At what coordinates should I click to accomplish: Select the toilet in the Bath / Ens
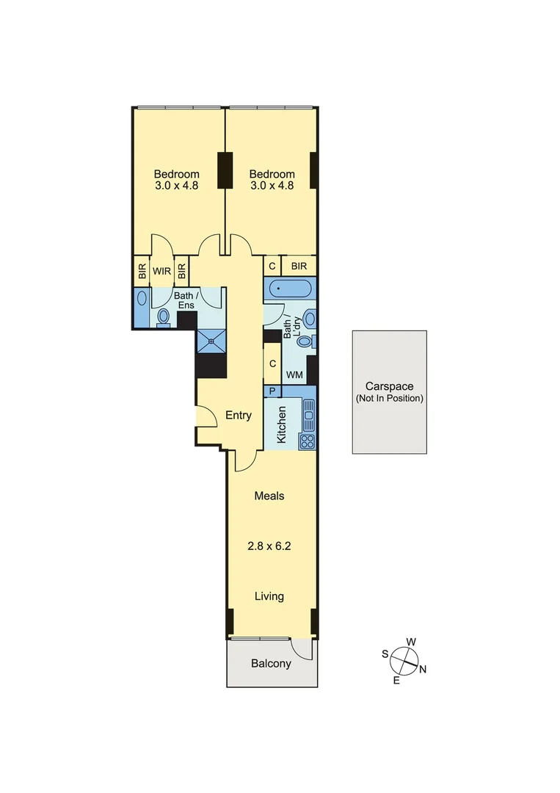pos(164,316)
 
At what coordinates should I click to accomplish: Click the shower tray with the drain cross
pos(211,340)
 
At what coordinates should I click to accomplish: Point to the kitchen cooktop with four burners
pos(308,441)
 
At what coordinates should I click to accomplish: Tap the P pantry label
pos(272,391)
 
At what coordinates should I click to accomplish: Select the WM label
pos(294,375)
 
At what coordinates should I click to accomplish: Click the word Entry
pos(238,416)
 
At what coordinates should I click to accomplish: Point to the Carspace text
pos(390,386)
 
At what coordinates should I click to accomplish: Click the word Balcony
pos(271,664)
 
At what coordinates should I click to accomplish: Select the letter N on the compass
pos(423,668)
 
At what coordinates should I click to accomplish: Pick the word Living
pos(269,596)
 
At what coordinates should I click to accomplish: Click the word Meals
pos(269,496)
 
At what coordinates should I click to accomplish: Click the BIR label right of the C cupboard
pos(299,267)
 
